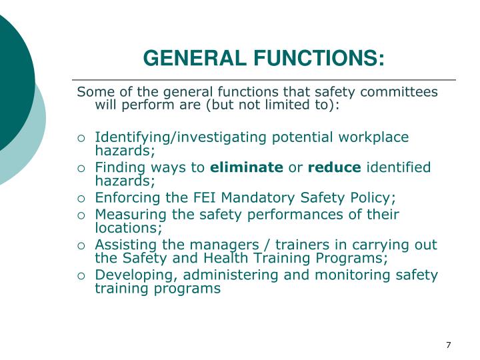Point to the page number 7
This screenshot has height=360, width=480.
pos(449,345)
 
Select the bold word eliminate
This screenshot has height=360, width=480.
pos(247,167)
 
